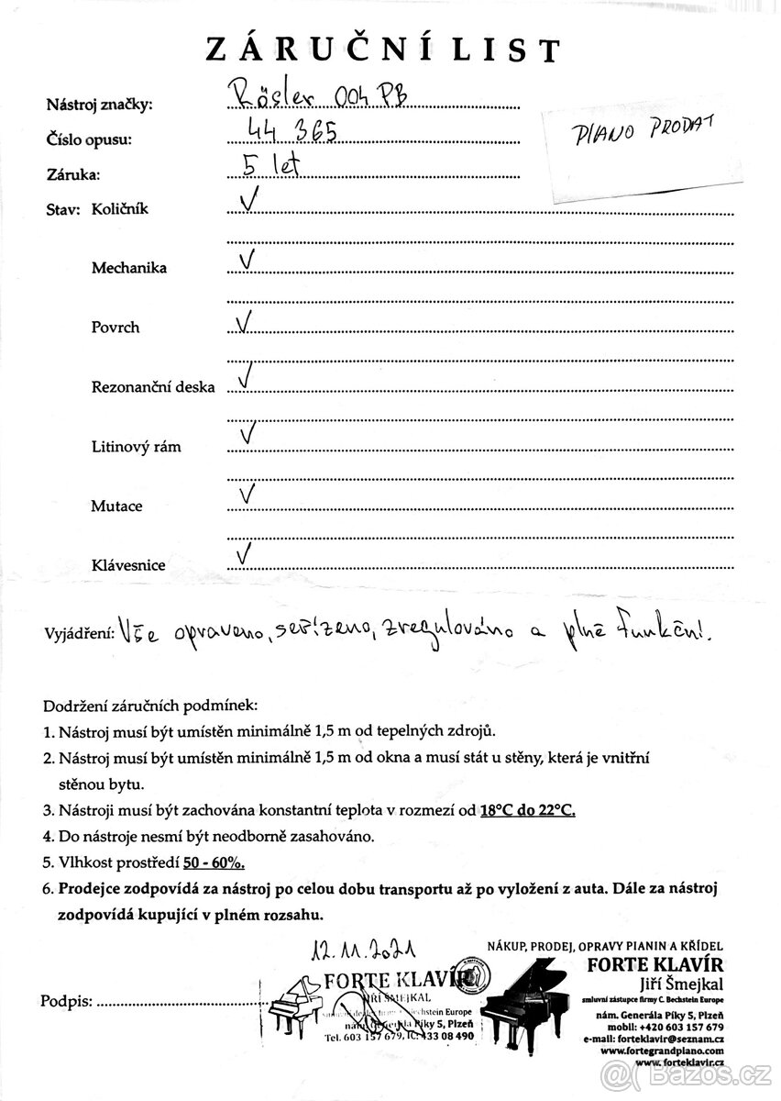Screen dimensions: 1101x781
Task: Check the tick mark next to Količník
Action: point(247,200)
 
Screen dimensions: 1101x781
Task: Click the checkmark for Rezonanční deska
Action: point(245,376)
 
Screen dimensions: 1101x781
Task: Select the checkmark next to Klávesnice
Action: point(245,554)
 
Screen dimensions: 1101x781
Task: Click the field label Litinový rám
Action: point(136,447)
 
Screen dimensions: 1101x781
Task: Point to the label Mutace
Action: point(115,506)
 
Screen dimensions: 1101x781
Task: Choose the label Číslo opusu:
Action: point(89,140)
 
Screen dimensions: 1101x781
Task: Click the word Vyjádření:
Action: point(79,634)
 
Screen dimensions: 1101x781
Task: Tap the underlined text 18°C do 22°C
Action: point(527,810)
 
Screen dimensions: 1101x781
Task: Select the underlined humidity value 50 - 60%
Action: point(212,863)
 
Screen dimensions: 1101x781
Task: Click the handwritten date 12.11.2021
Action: point(363,948)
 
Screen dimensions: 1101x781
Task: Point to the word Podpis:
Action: point(67,1000)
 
